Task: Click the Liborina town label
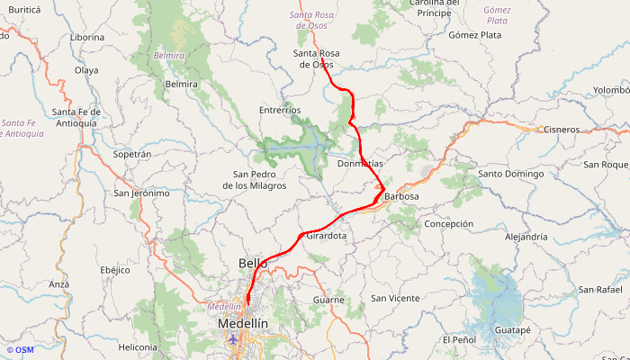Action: (x=87, y=38)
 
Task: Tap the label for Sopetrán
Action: (x=132, y=154)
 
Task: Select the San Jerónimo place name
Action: (x=141, y=193)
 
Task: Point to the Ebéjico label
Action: (x=115, y=269)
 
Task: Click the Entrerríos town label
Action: (x=280, y=110)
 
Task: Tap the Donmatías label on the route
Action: (x=360, y=164)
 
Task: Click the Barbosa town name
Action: (x=401, y=195)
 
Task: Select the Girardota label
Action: (x=327, y=236)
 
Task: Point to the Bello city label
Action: (x=253, y=263)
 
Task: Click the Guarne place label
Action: (x=328, y=299)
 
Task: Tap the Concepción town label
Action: (x=448, y=223)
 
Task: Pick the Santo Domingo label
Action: (x=511, y=173)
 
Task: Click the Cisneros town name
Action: (x=562, y=130)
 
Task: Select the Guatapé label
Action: (x=513, y=330)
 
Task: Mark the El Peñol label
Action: (x=459, y=339)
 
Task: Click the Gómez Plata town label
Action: (x=474, y=35)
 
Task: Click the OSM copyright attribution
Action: (x=20, y=350)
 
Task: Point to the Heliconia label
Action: (x=138, y=346)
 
